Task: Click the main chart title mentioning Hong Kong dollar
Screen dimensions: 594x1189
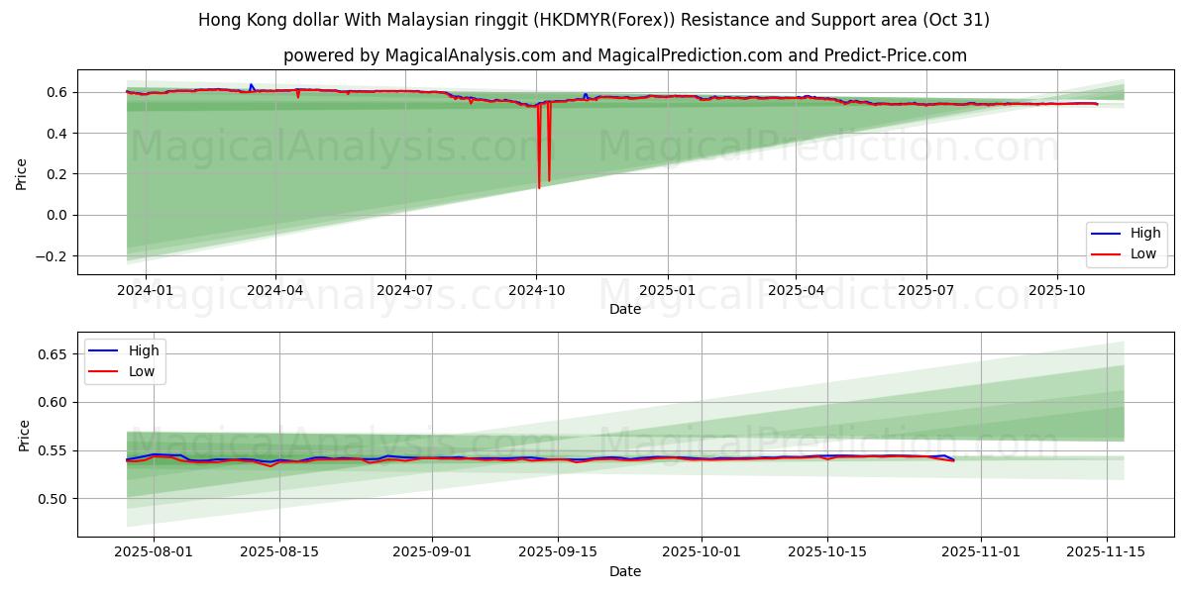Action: [594, 20]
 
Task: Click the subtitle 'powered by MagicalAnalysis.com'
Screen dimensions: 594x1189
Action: [624, 55]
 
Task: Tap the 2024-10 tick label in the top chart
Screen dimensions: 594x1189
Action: [536, 291]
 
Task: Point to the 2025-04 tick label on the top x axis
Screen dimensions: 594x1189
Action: [796, 291]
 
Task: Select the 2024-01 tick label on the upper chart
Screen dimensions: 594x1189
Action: [146, 291]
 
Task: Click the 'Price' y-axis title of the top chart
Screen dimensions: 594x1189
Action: [22, 173]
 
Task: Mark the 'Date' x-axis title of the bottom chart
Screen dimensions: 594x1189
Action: [625, 571]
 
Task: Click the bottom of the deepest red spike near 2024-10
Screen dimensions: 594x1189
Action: [539, 187]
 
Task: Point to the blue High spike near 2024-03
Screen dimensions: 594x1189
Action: [251, 85]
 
